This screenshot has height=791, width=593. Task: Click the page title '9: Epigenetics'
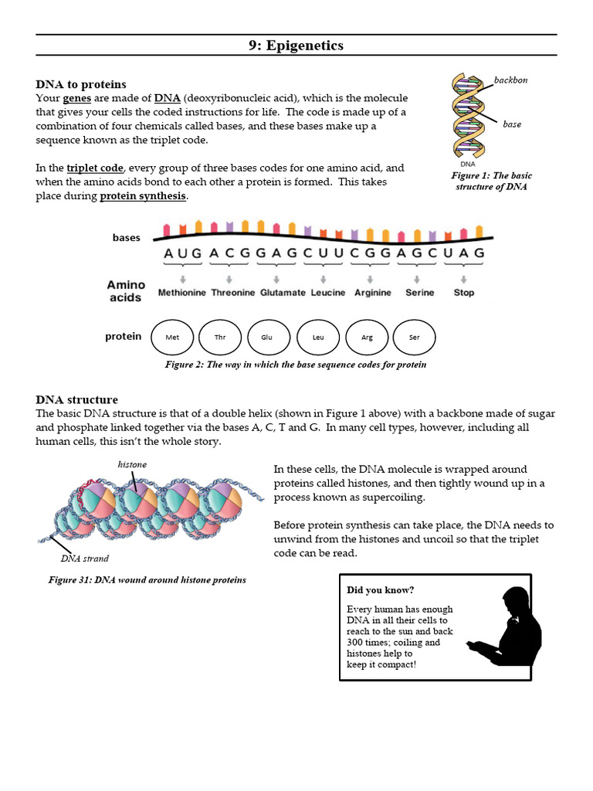(296, 46)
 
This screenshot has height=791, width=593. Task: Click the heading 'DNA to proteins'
(81, 84)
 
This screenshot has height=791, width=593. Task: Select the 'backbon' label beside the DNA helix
(510, 80)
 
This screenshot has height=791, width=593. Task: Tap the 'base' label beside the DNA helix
(511, 124)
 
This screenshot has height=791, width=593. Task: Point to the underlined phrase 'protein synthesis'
(143, 196)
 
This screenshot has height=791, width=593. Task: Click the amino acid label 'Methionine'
(182, 293)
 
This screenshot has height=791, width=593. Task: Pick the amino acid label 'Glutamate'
(283, 293)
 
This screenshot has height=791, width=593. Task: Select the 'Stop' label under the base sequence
(464, 293)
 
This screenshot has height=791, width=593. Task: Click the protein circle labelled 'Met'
(173, 338)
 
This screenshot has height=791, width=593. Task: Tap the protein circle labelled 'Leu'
(318, 338)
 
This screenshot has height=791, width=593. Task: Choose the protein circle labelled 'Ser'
(415, 338)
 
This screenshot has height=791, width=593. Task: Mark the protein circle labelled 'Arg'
(367, 338)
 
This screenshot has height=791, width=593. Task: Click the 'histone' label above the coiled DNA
(132, 464)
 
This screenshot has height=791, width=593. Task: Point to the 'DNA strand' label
(85, 558)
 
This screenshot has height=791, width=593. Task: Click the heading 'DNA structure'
(76, 399)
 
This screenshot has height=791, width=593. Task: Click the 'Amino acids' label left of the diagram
(125, 291)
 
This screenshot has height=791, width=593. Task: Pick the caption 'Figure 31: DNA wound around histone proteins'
(147, 579)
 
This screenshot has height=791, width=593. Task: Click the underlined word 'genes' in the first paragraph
(77, 98)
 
